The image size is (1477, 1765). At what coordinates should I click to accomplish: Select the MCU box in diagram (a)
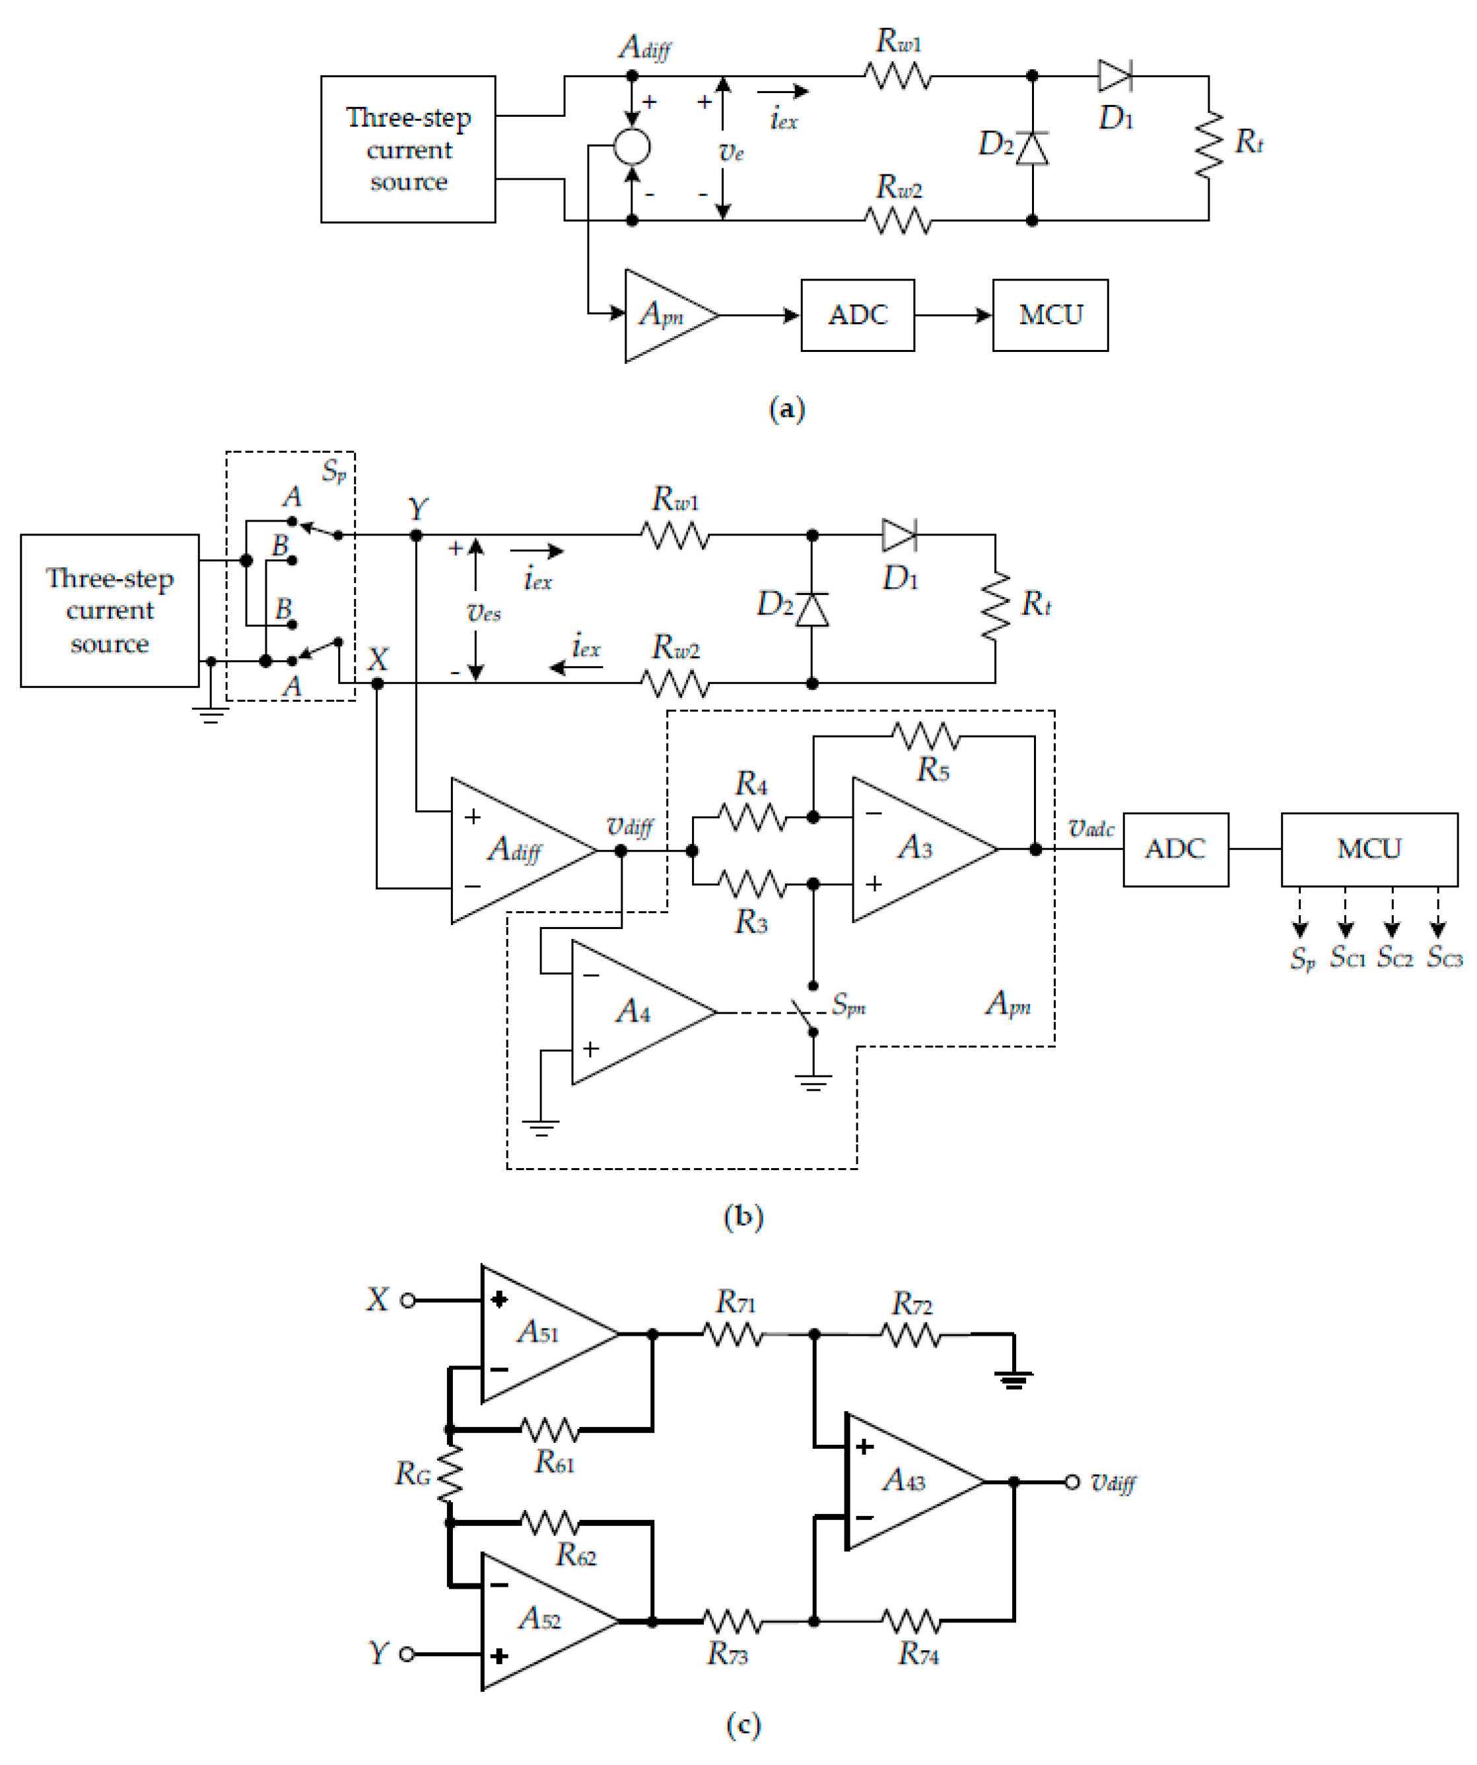pyautogui.click(x=1050, y=315)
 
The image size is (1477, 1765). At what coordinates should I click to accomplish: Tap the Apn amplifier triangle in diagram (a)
pyautogui.click(x=664, y=316)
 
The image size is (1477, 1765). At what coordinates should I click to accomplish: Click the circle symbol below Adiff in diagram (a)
pyautogui.click(x=632, y=147)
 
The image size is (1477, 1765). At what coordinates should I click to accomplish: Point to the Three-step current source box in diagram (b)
pyautogui.click(x=110, y=611)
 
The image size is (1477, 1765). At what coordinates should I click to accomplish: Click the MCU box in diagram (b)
pyautogui.click(x=1369, y=849)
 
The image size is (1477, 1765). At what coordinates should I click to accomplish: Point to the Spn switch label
pyautogui.click(x=848, y=1004)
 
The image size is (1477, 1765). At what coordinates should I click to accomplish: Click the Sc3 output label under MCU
pyautogui.click(x=1444, y=957)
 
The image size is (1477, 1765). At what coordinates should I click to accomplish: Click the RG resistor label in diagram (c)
pyautogui.click(x=413, y=1473)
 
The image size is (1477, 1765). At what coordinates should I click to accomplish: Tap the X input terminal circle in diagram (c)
pyautogui.click(x=407, y=1300)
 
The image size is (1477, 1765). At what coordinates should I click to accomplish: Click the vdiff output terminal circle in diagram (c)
pyautogui.click(x=1072, y=1482)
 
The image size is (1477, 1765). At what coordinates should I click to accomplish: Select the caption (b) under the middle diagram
pyautogui.click(x=743, y=1216)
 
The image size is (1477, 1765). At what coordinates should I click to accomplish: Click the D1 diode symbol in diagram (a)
pyautogui.click(x=1115, y=76)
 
